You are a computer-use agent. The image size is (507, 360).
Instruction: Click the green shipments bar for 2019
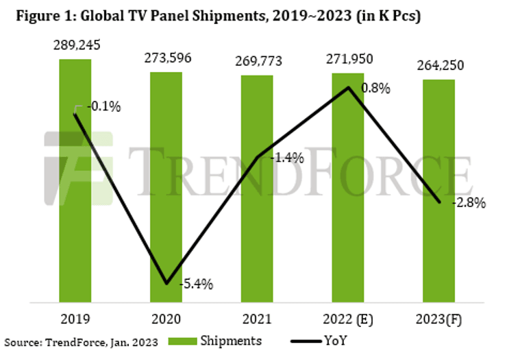pos(75,206)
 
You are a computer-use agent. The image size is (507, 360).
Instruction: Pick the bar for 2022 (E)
pos(349,206)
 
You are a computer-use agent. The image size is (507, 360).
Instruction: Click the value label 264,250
pos(439,67)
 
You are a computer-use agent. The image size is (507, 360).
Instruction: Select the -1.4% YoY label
pos(288,158)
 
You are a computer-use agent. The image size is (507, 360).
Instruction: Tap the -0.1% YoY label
pos(106,106)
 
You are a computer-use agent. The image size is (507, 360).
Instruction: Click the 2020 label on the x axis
pos(166,320)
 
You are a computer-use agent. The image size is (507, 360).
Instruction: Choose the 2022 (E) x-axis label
pos(349,320)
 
